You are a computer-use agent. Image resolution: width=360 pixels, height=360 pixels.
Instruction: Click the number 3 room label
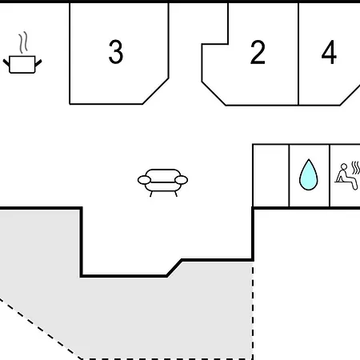click(116, 52)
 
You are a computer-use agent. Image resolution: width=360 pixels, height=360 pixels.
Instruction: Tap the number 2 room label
click(258, 52)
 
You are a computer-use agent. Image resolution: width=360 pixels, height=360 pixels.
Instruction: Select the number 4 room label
click(329, 52)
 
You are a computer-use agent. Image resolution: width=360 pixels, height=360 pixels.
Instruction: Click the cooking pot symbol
click(22, 64)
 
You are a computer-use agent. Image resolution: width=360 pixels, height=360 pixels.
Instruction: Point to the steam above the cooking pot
click(23, 42)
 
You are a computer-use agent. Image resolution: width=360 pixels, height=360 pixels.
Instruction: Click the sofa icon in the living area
click(162, 182)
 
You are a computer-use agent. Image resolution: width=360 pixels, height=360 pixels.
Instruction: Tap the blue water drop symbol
click(309, 175)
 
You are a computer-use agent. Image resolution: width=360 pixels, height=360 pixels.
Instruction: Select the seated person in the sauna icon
click(346, 177)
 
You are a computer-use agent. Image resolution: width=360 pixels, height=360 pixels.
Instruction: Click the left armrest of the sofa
click(144, 180)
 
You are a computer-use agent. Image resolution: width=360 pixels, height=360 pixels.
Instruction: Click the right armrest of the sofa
click(182, 180)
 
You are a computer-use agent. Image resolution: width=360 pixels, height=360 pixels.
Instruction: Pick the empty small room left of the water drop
click(271, 175)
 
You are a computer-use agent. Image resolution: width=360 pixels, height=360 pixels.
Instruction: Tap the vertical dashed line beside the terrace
click(253, 310)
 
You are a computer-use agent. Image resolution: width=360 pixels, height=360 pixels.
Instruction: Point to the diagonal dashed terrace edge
click(41, 329)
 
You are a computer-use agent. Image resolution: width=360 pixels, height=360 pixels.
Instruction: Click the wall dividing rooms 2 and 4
click(298, 54)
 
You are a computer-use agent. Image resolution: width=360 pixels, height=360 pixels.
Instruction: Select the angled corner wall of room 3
click(155, 91)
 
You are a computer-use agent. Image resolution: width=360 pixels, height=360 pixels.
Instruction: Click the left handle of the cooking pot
click(6, 63)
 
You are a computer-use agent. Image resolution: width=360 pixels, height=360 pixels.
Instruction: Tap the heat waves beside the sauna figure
click(356, 167)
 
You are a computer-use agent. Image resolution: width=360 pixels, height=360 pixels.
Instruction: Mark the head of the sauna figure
click(344, 166)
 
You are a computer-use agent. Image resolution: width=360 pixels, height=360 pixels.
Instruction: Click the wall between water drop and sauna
click(330, 175)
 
